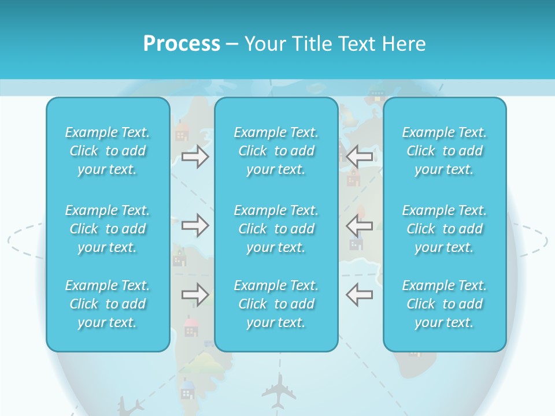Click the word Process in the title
(182, 44)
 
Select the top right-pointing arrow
(195, 156)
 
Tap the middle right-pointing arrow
(195, 225)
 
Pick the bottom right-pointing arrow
(195, 295)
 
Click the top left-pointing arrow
(360, 156)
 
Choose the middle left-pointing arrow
(360, 225)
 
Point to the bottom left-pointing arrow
(360, 295)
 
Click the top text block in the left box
(108, 151)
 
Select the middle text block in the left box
(108, 229)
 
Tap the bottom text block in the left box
(108, 304)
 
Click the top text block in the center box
(276, 151)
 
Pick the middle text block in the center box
(276, 229)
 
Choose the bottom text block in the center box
(276, 304)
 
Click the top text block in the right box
(445, 151)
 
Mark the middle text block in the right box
(445, 229)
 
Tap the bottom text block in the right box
(445, 304)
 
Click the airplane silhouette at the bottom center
(279, 390)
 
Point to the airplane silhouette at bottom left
(130, 406)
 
